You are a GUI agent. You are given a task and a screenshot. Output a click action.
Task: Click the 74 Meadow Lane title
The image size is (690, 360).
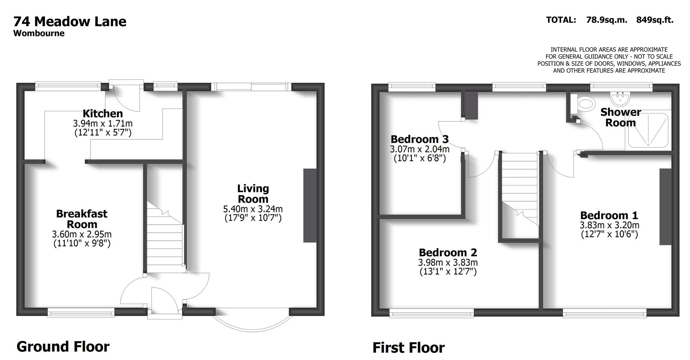point(70,22)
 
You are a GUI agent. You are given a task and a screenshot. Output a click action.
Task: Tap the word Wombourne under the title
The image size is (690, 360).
point(39,33)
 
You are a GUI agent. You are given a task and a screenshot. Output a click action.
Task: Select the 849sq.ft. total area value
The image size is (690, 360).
point(654,20)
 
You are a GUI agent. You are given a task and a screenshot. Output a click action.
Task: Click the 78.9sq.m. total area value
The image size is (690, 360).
point(606,20)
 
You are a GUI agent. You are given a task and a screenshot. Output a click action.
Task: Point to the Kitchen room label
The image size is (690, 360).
point(103,114)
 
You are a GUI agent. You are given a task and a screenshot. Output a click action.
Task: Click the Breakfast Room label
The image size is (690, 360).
point(82,219)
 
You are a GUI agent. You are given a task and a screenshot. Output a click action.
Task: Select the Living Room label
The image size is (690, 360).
point(253,194)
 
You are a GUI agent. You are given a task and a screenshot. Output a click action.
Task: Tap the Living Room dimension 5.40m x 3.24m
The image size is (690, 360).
point(253,209)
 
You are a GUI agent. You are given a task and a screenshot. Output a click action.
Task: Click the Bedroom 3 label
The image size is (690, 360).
point(419,139)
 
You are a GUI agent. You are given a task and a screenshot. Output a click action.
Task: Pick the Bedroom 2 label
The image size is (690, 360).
point(448,253)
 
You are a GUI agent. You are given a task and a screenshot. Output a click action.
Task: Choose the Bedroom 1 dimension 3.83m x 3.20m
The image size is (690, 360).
point(609,225)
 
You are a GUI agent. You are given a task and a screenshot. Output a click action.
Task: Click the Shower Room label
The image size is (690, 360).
point(620,117)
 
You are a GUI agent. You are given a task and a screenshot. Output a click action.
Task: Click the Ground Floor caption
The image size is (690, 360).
point(63,347)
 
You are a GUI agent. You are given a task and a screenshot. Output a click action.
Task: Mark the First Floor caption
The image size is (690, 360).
point(408,348)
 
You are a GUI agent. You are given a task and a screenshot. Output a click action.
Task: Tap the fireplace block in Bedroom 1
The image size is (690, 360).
point(665,207)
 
